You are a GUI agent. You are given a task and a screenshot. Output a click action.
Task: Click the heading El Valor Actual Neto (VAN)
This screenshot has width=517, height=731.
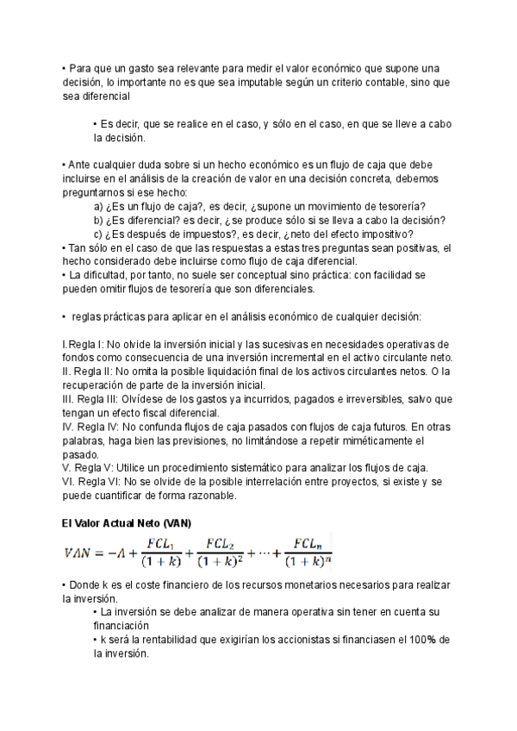click(127, 523)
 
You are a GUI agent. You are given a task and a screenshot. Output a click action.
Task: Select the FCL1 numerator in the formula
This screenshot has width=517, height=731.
click(162, 543)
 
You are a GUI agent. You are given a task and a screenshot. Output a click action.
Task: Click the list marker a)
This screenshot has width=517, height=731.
click(99, 206)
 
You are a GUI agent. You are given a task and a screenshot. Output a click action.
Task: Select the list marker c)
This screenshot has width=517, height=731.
click(99, 234)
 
